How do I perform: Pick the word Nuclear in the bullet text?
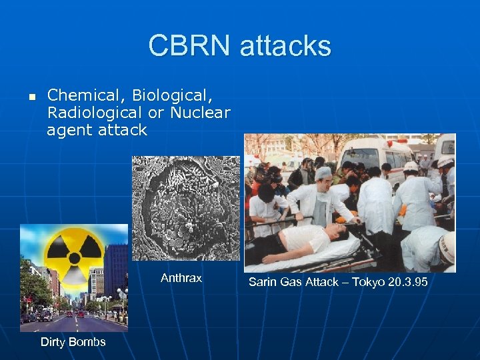point(200,113)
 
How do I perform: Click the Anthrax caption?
point(181,278)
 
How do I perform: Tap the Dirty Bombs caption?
point(73,342)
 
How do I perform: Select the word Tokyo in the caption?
point(365,283)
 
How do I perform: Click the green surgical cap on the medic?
point(323,173)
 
